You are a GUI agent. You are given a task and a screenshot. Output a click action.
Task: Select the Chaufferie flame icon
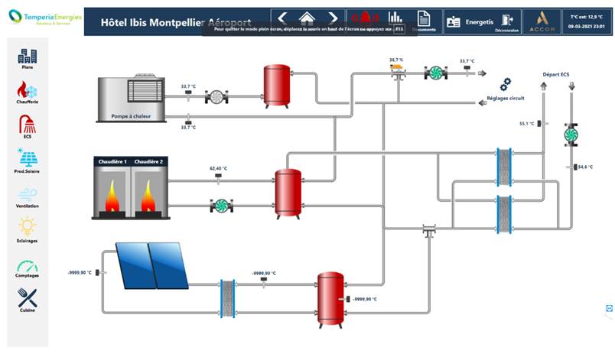28,89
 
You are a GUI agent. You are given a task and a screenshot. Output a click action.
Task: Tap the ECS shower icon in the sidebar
28,124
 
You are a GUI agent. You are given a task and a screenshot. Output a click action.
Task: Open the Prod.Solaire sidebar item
28,158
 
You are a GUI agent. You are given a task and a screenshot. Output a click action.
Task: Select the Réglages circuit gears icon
506,85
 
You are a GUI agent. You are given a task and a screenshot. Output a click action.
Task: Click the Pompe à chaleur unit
137,98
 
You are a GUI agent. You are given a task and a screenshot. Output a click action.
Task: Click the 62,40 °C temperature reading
218,168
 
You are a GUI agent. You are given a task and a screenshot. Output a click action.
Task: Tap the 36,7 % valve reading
395,60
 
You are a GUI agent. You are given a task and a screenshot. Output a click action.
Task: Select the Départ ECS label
555,75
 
